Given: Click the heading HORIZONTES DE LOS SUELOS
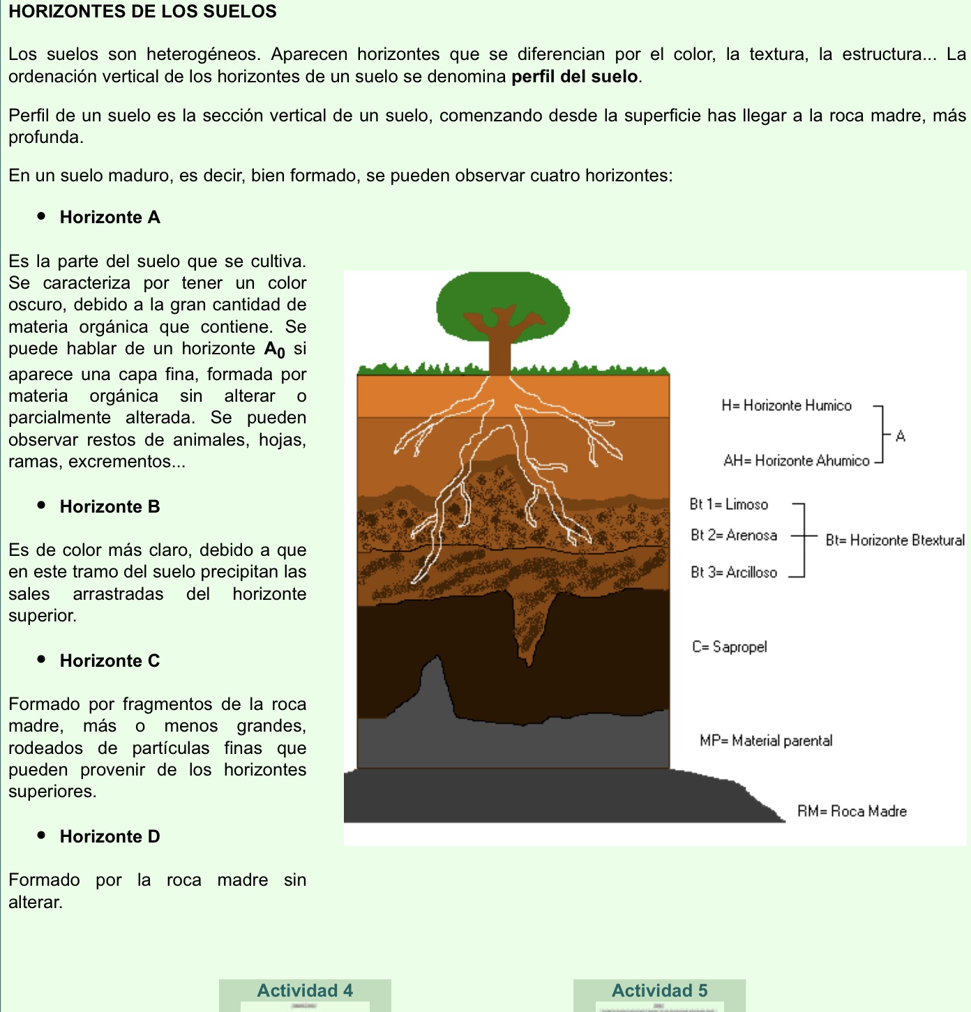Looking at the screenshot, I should coord(142,12).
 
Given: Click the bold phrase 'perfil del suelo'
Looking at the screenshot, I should coord(575,77).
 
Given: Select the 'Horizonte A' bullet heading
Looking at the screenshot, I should coord(110,218).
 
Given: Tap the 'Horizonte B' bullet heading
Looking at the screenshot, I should coord(110,507).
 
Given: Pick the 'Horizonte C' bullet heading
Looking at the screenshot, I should coord(110,661).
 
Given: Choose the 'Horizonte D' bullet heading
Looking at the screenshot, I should coord(110,837).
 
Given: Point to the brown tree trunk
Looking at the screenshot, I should coord(500,352).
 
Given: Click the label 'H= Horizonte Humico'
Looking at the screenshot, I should coord(786,406).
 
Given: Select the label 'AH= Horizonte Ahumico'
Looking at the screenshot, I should coord(796,461).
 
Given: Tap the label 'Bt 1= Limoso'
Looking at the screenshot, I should coord(728,504).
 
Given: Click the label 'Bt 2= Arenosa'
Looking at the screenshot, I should coord(733,536).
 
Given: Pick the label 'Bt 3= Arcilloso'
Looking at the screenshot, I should coord(733,573).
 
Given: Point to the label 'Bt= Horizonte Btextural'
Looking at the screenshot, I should coord(895,541).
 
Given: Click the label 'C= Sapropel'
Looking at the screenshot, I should coord(729,647).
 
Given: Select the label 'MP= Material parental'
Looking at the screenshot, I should coord(766,741).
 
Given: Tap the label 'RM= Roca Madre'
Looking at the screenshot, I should coord(852,812).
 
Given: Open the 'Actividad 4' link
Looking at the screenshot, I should coord(305,991).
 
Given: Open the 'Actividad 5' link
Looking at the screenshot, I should coord(659,991).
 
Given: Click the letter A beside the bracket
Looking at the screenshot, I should coord(901,437).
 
